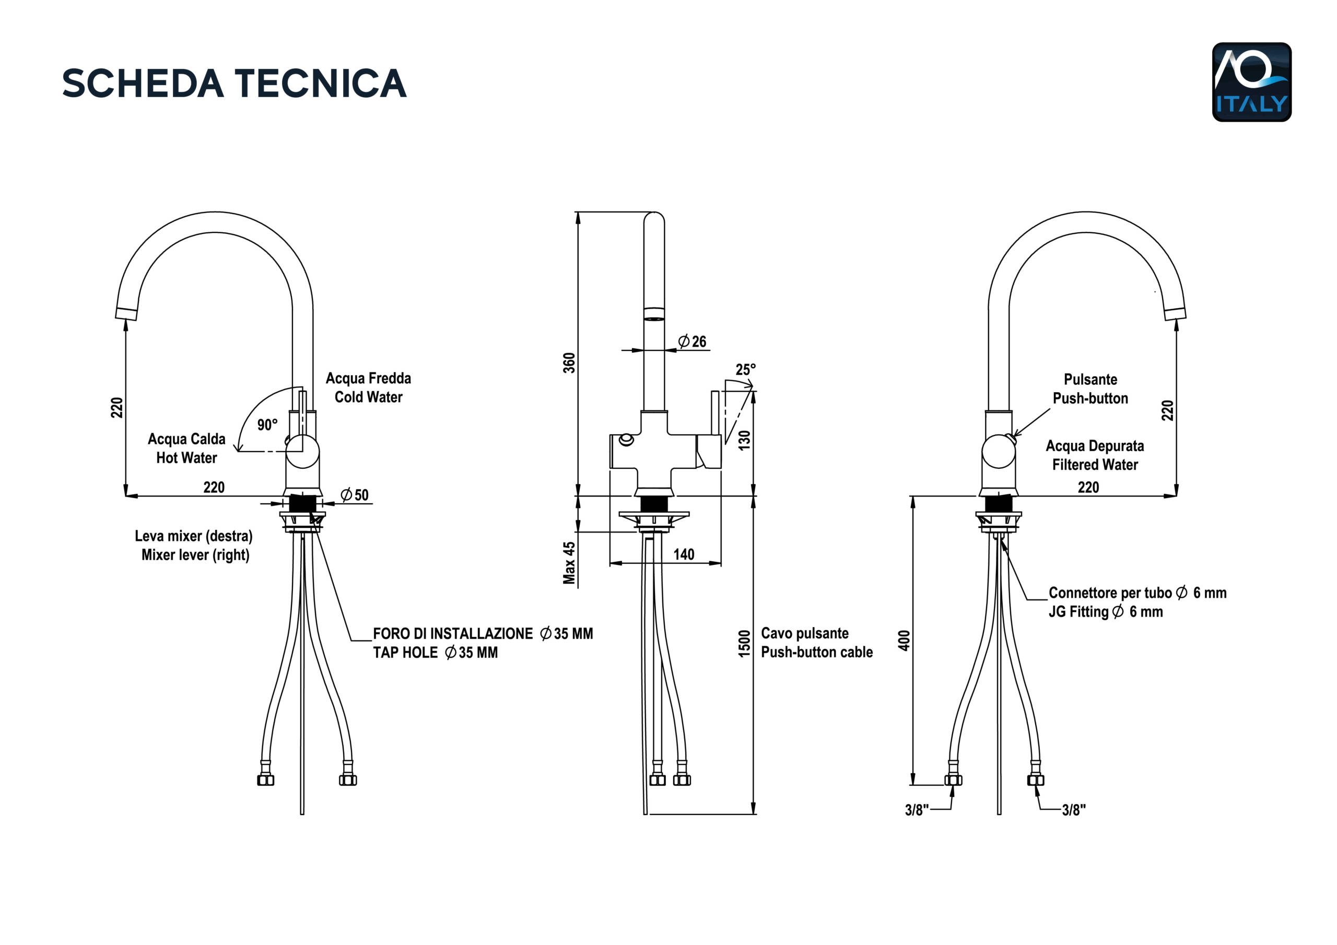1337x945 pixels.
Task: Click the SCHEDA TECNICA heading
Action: point(234,82)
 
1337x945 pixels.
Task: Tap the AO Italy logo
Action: point(1251,82)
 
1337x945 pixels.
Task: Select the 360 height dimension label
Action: point(569,363)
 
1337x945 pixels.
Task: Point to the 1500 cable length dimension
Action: point(744,643)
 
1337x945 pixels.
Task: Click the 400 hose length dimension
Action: point(904,641)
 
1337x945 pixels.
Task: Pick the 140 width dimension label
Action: point(684,554)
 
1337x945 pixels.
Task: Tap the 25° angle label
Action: point(745,370)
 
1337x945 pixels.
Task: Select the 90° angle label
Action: point(267,424)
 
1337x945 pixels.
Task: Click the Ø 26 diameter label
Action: point(693,341)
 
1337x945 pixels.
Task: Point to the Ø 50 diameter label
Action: point(355,495)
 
